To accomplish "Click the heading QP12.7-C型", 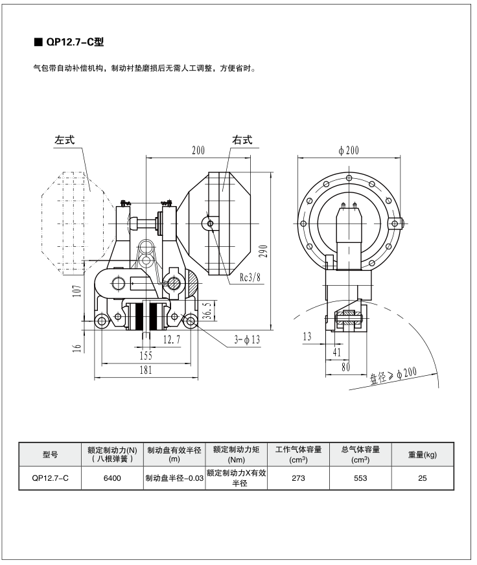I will (x=73, y=43).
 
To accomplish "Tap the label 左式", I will (x=65, y=140).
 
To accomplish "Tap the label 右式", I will (x=242, y=140).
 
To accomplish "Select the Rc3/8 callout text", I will (x=250, y=277).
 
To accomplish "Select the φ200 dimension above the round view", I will (x=349, y=150).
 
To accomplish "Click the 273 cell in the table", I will (x=298, y=478).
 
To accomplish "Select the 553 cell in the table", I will (x=360, y=478).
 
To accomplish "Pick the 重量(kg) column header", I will (x=422, y=455).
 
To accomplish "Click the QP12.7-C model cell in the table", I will (x=50, y=478).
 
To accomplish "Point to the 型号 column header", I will (x=50, y=455).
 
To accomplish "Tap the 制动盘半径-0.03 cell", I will (x=174, y=478).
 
